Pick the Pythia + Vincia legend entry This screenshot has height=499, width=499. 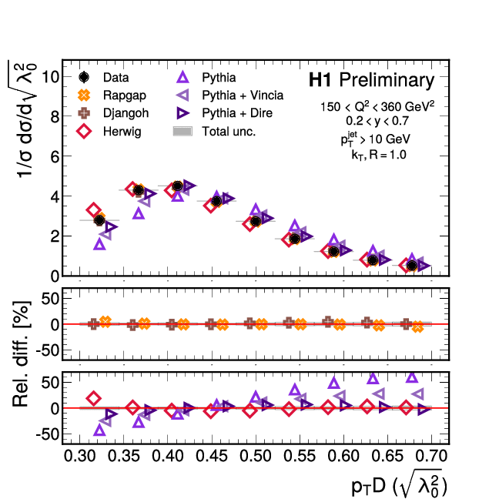point(243,95)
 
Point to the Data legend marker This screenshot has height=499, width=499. point(85,77)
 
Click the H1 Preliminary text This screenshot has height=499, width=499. point(371,80)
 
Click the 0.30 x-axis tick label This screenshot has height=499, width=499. point(79,457)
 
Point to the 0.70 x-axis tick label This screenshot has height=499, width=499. point(431,457)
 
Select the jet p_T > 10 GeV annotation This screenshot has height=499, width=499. point(377,139)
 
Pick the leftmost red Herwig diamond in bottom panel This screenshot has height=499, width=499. point(93,398)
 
